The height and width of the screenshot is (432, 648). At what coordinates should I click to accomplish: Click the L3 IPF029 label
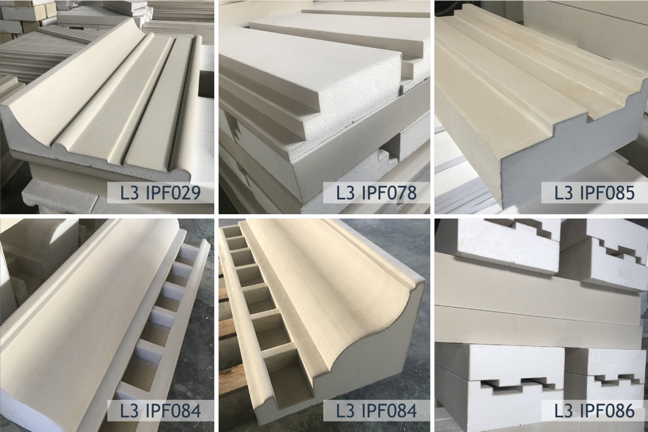(x=160, y=193)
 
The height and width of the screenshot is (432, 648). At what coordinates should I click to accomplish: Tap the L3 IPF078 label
(x=377, y=193)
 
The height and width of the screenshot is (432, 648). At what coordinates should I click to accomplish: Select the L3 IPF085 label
(x=595, y=193)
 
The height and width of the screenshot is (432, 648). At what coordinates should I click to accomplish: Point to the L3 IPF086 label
(x=595, y=411)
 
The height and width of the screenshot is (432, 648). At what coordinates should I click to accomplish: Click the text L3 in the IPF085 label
(x=563, y=193)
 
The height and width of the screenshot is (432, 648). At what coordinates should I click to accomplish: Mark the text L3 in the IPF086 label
(x=563, y=411)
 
